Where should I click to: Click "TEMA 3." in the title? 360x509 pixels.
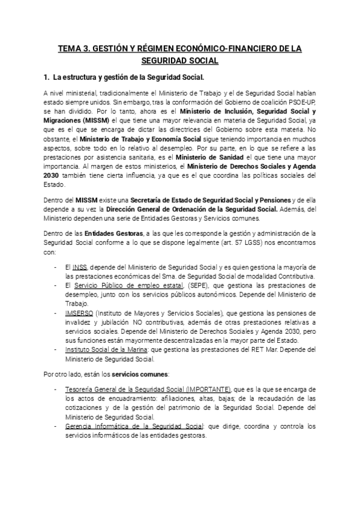coord(77,48)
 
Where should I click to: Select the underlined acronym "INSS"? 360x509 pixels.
coord(80,267)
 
